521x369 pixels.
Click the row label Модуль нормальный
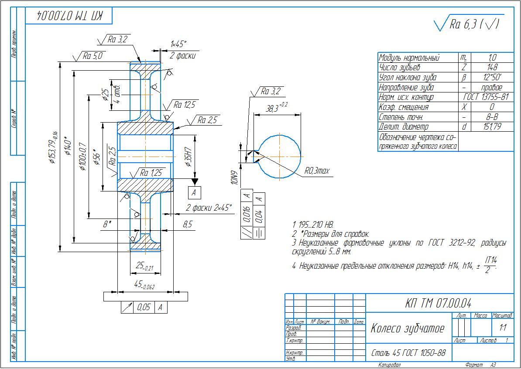409,58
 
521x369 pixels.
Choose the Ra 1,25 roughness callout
151,173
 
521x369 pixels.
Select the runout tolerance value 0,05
143,307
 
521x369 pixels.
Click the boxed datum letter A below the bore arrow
195,191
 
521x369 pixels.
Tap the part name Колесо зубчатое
407,328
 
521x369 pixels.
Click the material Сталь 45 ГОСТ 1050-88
408,352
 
